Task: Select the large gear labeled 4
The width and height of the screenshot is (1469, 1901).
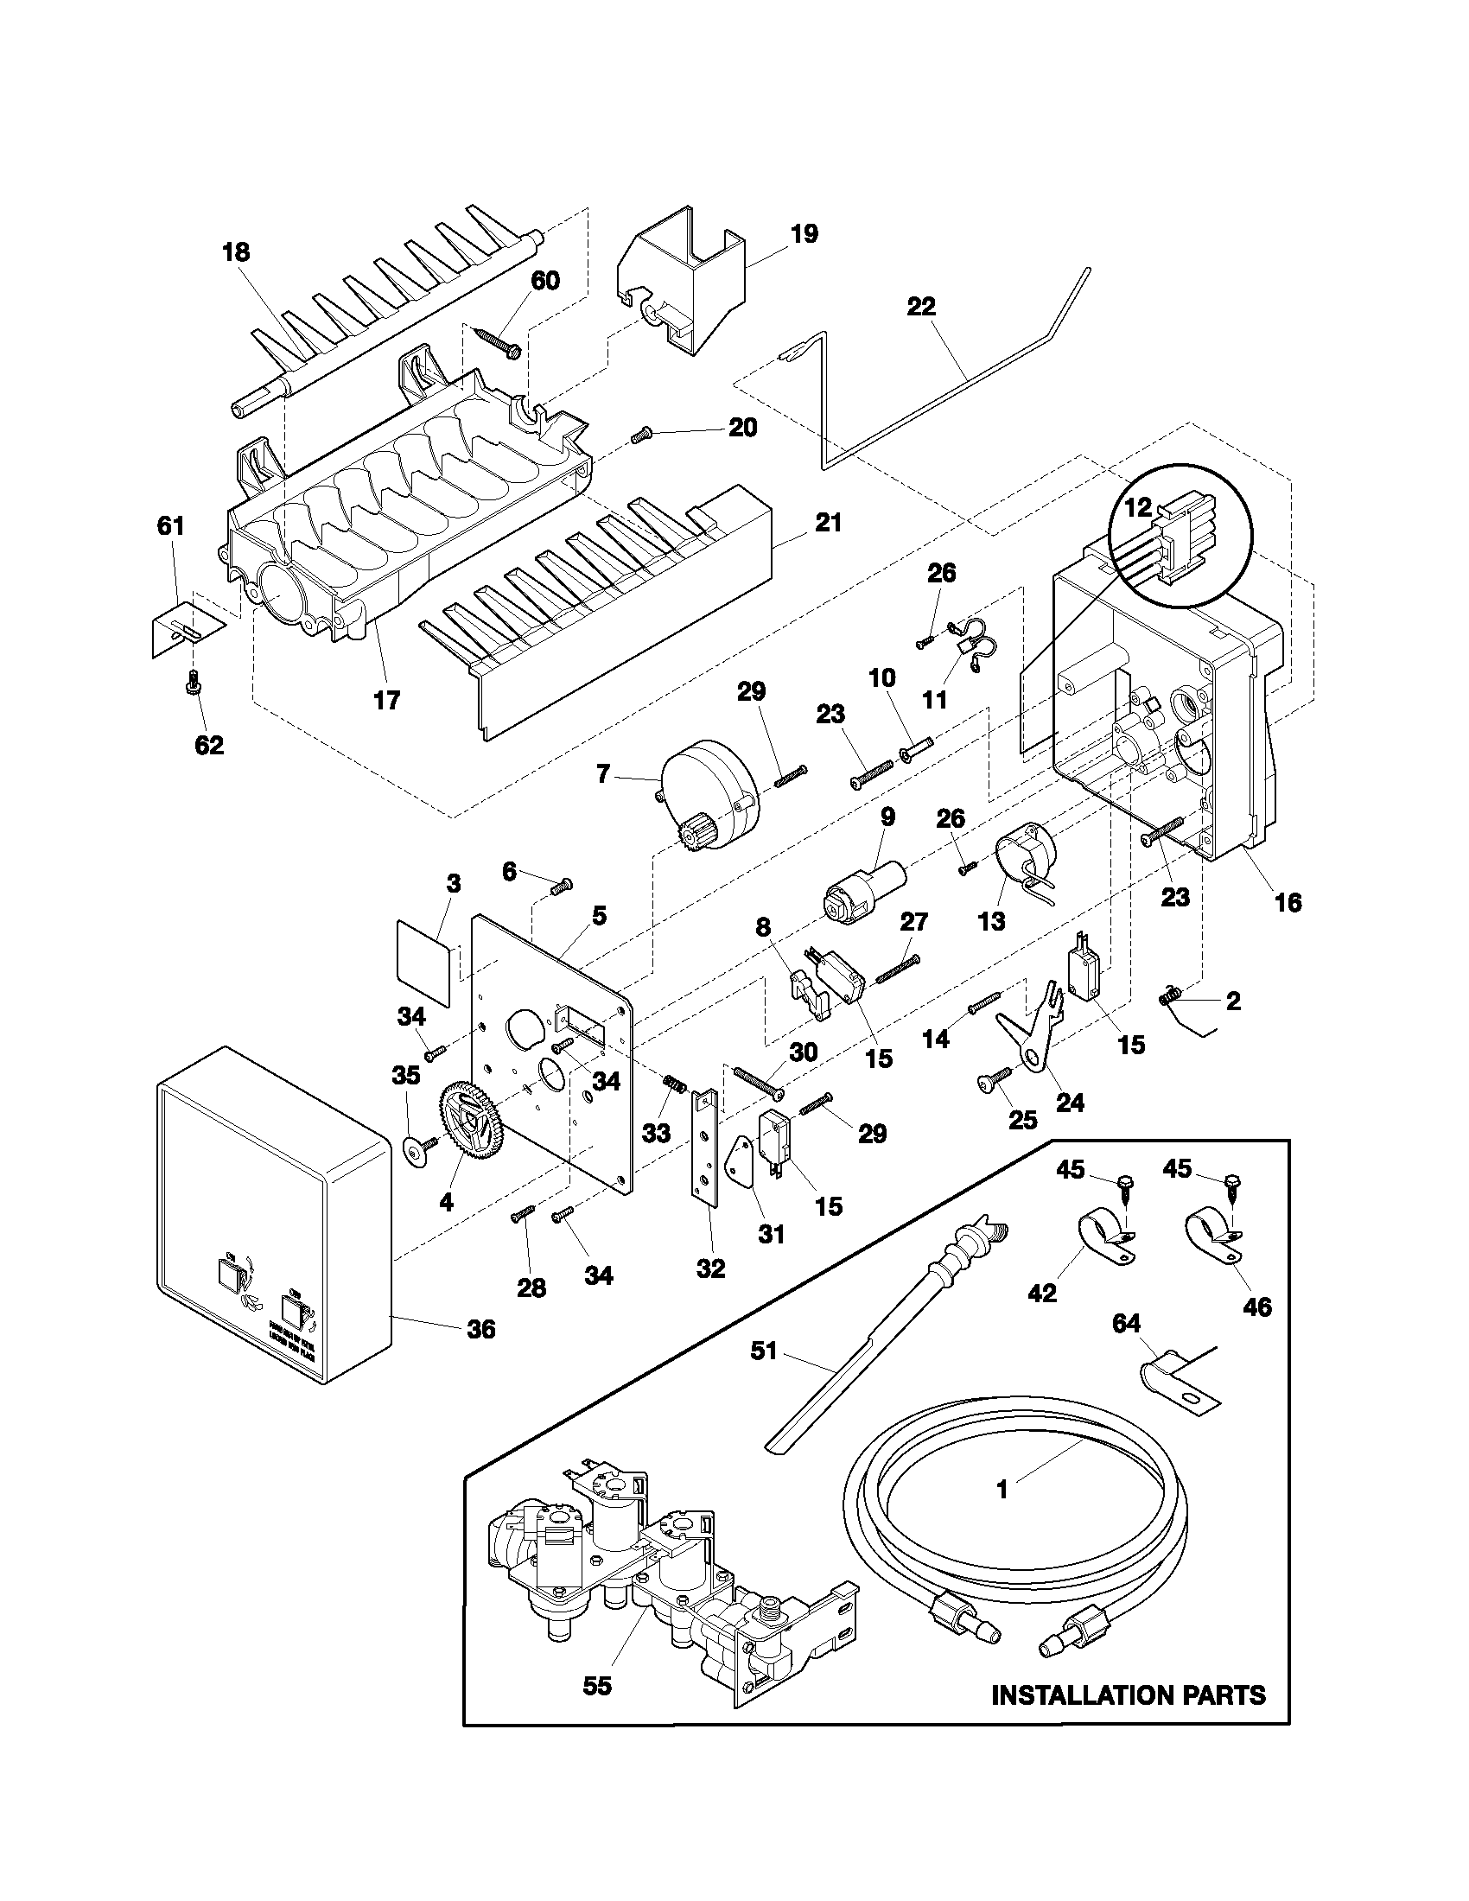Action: click(x=471, y=1120)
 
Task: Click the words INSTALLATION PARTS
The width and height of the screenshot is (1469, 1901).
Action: click(x=1129, y=1694)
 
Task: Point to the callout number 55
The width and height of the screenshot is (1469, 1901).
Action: click(x=597, y=1686)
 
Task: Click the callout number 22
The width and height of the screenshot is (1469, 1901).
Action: click(x=921, y=307)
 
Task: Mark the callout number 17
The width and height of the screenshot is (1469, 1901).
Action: click(x=386, y=699)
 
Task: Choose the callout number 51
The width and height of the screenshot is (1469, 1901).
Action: click(x=763, y=1350)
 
